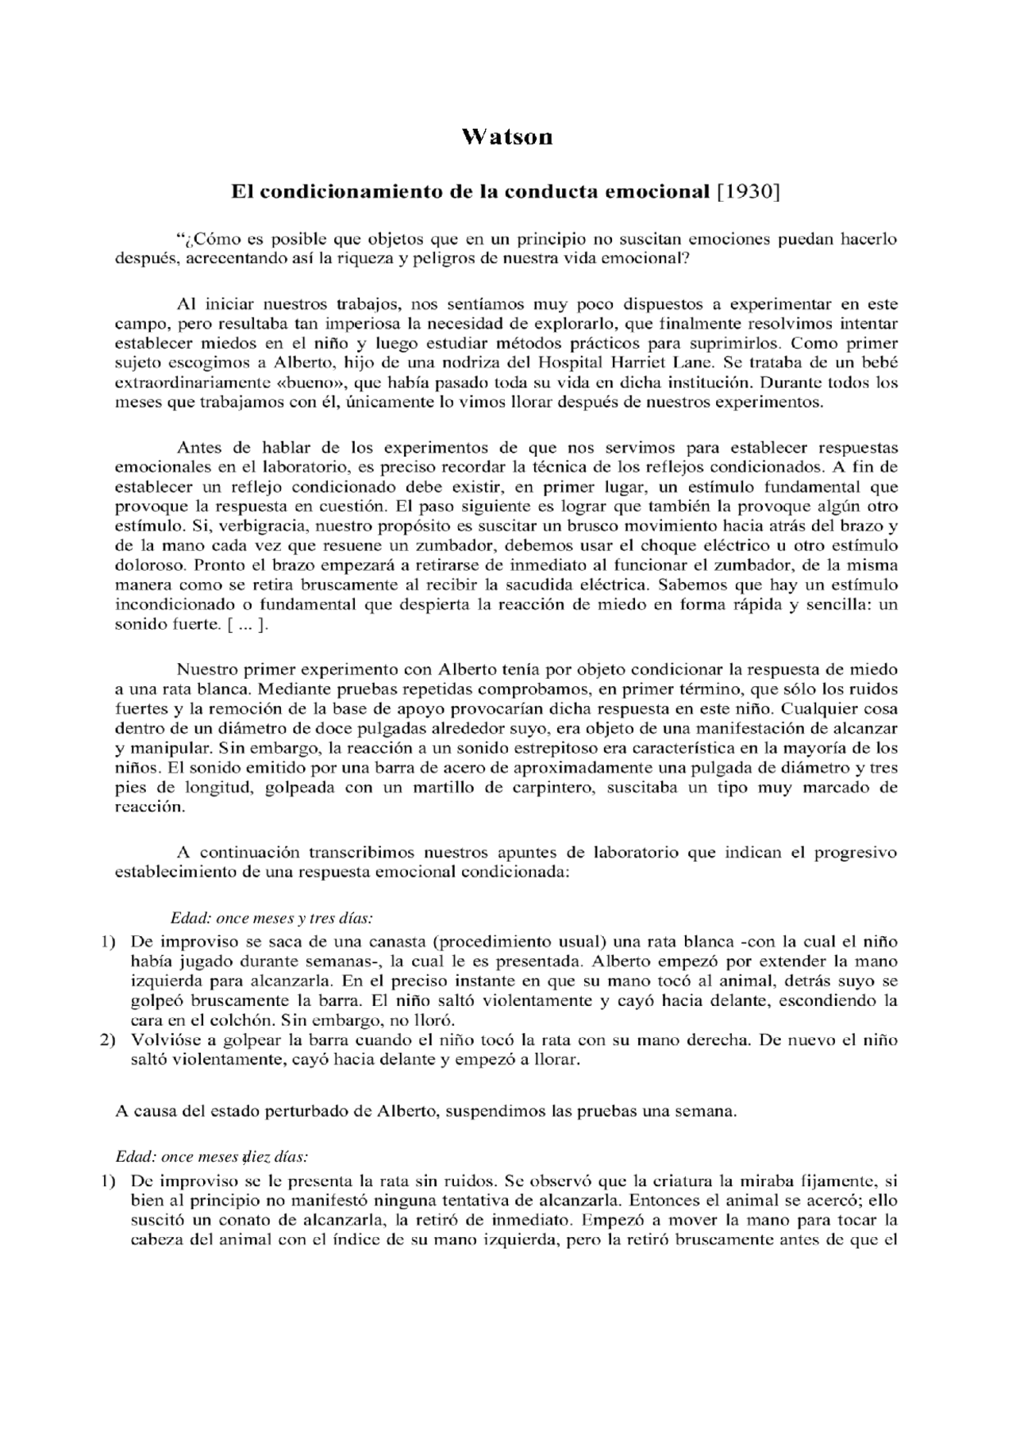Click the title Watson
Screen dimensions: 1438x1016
507,137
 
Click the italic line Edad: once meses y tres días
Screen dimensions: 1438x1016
271,919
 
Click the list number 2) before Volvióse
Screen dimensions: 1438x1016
108,1039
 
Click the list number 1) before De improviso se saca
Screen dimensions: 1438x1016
108,942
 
